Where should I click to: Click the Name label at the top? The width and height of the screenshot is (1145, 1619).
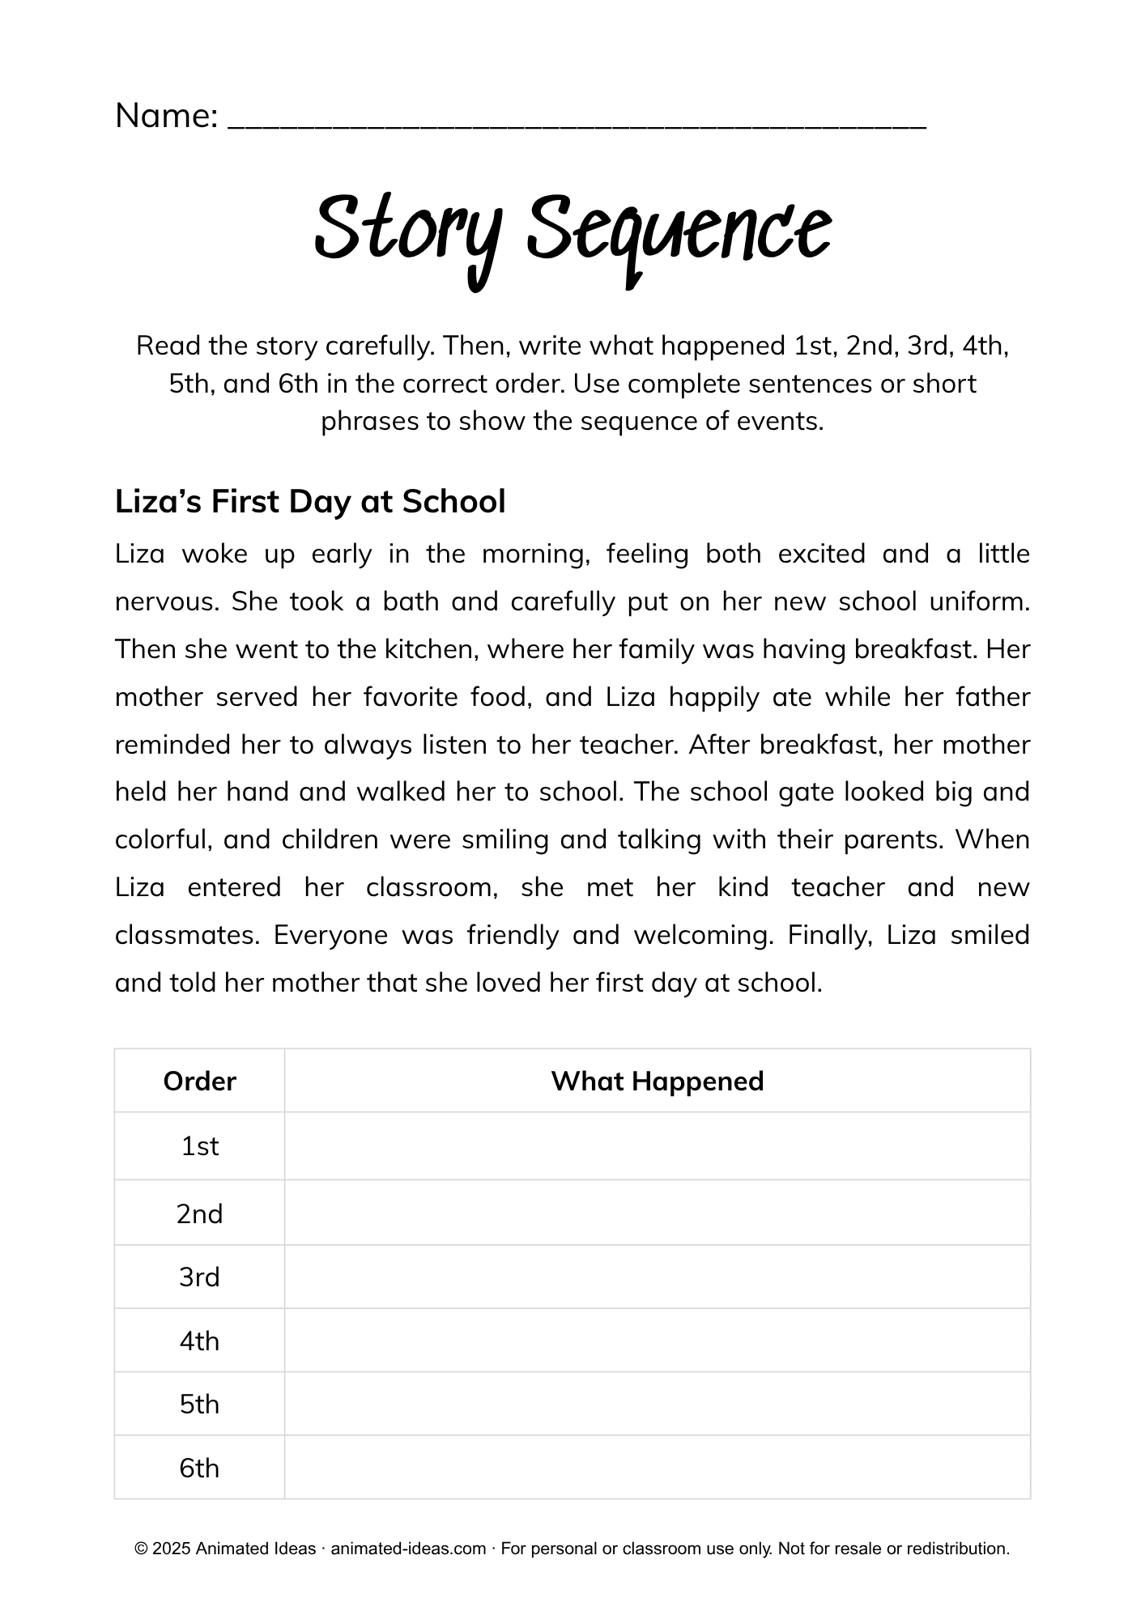[x=166, y=116]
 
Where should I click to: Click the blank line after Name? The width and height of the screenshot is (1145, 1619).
[x=577, y=121]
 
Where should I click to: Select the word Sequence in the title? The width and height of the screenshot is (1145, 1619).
[x=679, y=228]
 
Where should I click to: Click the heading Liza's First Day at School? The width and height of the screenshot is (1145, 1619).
[x=310, y=501]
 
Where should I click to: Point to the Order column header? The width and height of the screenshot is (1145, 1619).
[x=199, y=1081]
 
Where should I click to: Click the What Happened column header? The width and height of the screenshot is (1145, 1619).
[x=657, y=1081]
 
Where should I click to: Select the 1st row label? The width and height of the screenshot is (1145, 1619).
[x=199, y=1145]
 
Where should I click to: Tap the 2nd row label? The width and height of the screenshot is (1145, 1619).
[x=199, y=1213]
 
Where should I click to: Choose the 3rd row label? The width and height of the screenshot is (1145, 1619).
[x=199, y=1277]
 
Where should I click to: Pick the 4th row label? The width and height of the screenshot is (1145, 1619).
[x=199, y=1341]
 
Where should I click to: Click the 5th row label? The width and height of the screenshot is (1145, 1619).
[x=199, y=1404]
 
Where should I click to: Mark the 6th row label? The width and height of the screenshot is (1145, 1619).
[x=199, y=1468]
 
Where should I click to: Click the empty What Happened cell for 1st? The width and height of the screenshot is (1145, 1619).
[x=657, y=1145]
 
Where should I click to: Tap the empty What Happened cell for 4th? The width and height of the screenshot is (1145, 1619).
[x=657, y=1341]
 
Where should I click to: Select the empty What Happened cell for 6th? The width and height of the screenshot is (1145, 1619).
[x=657, y=1468]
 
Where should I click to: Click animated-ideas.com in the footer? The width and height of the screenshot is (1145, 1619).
[x=408, y=1549]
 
